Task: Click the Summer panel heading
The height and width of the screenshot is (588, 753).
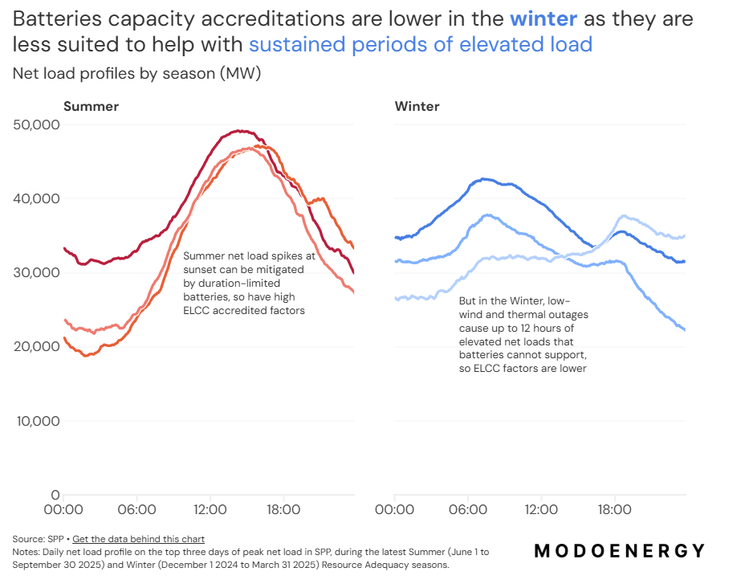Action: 91,106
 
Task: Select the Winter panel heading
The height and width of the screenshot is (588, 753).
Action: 417,106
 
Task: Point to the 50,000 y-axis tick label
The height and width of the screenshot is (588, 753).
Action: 38,125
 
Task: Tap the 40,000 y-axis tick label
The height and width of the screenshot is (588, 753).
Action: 38,198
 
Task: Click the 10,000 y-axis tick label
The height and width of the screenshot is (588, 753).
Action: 38,421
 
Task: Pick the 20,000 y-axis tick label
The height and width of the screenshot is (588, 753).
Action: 38,346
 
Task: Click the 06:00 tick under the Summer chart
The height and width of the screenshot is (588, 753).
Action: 136,509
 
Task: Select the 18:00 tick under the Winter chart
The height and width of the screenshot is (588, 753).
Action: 614,509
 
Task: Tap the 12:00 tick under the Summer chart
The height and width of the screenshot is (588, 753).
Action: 210,509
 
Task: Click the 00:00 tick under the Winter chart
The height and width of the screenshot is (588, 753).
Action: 394,509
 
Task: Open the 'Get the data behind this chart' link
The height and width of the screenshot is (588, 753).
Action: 138,539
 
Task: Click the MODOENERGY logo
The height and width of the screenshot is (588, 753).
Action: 619,551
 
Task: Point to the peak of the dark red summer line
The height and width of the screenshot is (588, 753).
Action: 238,131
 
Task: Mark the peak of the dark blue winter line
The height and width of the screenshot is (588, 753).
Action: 483,179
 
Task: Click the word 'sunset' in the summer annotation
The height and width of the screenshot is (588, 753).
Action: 201,269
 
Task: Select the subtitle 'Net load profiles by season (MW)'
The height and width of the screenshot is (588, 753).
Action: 136,74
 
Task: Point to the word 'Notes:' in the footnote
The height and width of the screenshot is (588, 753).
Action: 27,553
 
